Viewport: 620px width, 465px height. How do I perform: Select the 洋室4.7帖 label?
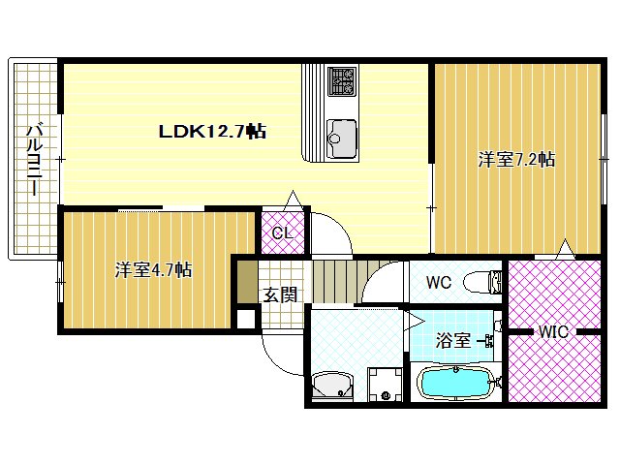coord(153,269)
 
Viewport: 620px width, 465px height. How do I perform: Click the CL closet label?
coord(282,232)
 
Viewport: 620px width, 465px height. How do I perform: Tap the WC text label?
coord(439,284)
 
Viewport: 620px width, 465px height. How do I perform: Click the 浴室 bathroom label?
coord(452,340)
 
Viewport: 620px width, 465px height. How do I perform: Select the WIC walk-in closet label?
coord(553,332)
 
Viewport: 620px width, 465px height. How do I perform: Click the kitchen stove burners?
coord(342,80)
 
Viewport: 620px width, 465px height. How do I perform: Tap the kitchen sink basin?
coord(341,137)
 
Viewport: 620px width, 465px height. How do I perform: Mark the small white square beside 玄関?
coord(244,318)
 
